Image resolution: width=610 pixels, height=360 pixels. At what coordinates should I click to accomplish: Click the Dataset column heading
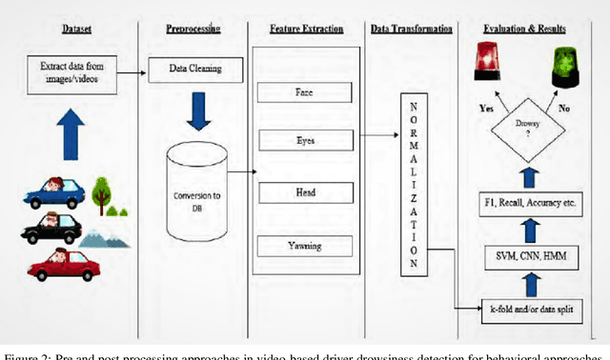pos(73,29)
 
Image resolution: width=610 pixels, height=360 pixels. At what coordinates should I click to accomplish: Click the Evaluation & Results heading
pos(530,30)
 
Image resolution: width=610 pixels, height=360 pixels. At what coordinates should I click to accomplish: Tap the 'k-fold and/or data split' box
pos(530,310)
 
